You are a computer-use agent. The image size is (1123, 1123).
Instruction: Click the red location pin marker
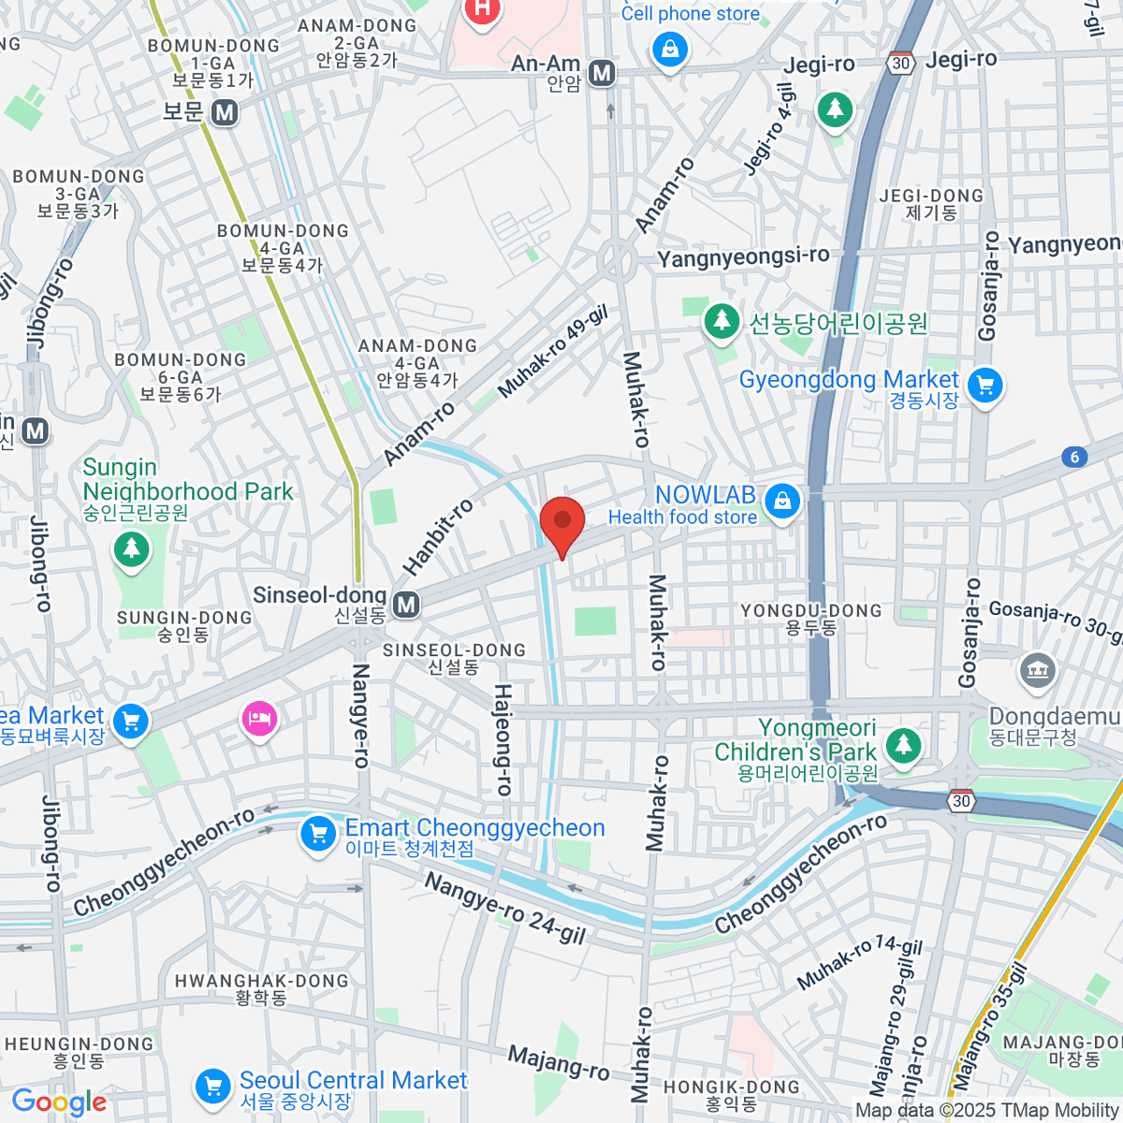[562, 522]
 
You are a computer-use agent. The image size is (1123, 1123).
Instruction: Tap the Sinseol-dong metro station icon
[406, 605]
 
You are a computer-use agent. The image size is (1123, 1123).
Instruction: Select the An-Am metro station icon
[602, 73]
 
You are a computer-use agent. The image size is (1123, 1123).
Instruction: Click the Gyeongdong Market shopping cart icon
[984, 385]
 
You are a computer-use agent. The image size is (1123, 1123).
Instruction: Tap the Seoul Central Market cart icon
[212, 1087]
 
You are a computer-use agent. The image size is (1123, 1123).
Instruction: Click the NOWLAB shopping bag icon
[782, 502]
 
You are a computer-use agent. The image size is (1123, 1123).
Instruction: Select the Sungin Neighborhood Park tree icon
[131, 549]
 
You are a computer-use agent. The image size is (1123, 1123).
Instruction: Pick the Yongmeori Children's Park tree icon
[902, 745]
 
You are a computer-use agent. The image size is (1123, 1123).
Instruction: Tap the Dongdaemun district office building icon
[1037, 670]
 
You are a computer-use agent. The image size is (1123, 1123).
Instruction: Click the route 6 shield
[1074, 457]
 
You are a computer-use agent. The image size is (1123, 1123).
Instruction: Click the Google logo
[59, 1101]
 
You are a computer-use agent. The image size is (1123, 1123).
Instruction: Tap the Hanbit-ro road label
[438, 537]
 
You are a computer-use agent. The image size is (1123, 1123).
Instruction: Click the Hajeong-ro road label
[503, 739]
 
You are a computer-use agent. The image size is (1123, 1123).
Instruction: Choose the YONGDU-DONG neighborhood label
[811, 619]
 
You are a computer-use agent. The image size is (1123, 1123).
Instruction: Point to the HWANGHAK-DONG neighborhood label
[261, 988]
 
